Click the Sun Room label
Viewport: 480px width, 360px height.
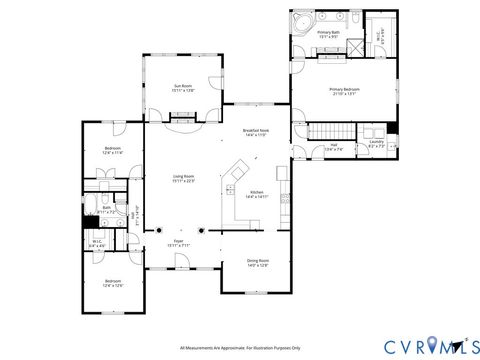[182, 87]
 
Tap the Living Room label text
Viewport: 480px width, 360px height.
[182, 178]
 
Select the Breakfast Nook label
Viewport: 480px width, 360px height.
[255, 132]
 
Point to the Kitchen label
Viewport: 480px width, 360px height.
[256, 194]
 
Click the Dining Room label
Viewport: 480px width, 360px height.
[258, 263]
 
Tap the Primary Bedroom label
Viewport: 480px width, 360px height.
[343, 92]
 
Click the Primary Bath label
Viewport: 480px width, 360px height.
[329, 35]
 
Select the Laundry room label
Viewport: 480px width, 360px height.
[376, 143]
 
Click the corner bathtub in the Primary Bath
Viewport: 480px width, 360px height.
[301, 22]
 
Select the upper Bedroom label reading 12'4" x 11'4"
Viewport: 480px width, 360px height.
[113, 151]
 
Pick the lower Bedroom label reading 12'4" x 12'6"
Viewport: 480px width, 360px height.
[113, 283]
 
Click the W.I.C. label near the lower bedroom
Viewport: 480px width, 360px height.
[98, 243]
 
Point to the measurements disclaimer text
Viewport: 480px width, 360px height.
[239, 348]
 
